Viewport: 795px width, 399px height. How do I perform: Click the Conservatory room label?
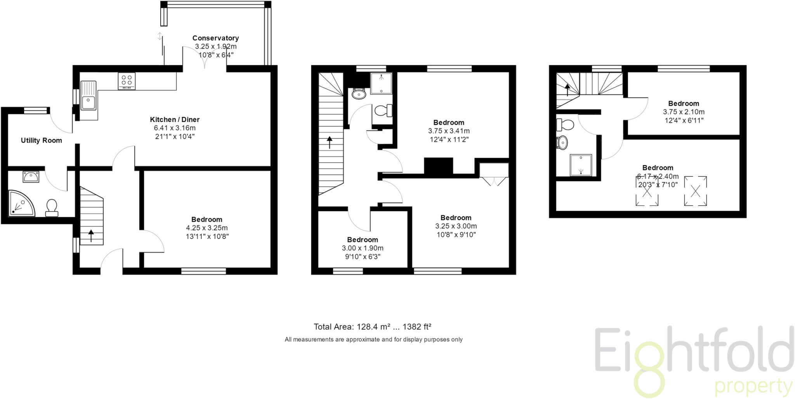tap(215, 38)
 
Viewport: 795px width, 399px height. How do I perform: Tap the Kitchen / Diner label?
tap(175, 120)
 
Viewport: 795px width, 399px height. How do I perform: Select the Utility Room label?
tap(42, 141)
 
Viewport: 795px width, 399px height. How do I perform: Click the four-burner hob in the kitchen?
tap(127, 81)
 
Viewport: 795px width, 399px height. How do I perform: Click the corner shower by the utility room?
tap(20, 203)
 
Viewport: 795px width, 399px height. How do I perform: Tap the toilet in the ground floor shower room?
tap(52, 207)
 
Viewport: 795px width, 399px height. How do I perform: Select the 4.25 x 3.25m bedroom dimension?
tap(207, 228)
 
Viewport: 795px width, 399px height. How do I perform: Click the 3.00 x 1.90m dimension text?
tap(363, 248)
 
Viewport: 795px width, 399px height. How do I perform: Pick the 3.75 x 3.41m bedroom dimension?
tap(449, 131)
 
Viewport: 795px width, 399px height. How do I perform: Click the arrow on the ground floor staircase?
tap(91, 235)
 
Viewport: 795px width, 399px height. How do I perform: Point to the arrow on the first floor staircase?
tap(330, 142)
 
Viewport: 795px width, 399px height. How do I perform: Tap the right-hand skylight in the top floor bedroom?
tap(695, 191)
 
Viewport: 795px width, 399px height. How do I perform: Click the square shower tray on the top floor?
tap(581, 165)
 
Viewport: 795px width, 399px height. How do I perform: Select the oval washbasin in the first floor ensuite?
tap(359, 94)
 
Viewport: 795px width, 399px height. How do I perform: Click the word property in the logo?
tap(753, 387)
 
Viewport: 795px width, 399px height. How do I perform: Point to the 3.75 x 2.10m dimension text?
tap(684, 112)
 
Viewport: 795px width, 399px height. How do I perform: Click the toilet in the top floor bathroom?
tap(565, 125)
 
